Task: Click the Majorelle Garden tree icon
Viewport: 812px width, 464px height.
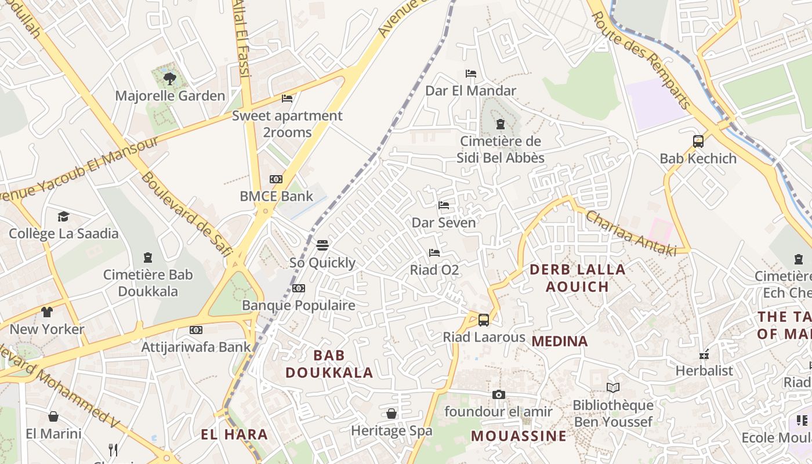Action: click(169, 78)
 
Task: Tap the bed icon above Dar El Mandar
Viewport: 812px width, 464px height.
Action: click(471, 74)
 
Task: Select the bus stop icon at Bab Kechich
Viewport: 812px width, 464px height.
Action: click(698, 141)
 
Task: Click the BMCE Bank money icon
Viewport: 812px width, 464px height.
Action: click(276, 179)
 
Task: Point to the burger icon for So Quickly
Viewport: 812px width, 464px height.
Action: click(322, 245)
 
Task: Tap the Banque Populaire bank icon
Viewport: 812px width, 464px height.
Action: click(299, 288)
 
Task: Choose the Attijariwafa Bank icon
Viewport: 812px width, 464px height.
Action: click(196, 330)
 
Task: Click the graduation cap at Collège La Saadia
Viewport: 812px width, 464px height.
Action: click(63, 216)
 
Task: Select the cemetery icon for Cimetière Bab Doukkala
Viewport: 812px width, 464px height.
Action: click(148, 257)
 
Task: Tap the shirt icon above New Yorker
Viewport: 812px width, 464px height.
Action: click(47, 312)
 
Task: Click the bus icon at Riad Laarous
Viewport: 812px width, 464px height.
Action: click(483, 320)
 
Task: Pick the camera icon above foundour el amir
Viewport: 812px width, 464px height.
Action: click(498, 394)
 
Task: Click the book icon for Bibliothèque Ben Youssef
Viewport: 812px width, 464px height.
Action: click(613, 387)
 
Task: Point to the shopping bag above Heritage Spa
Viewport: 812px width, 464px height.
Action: click(391, 414)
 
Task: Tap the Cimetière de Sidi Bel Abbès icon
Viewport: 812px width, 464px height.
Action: click(500, 124)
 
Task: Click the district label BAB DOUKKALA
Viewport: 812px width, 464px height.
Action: click(329, 364)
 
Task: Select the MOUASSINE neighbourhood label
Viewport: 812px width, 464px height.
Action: click(519, 436)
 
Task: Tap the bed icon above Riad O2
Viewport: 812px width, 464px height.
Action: click(434, 252)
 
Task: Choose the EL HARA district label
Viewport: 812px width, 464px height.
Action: click(234, 434)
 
